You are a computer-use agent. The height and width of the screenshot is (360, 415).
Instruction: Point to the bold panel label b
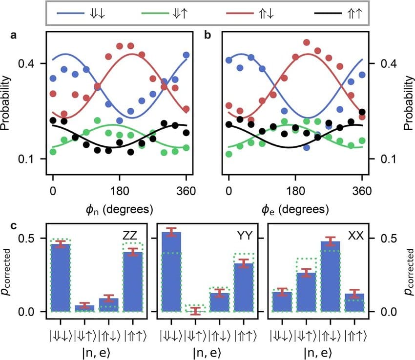click(x=208, y=36)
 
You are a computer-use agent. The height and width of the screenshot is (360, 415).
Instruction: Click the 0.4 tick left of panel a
click(x=32, y=63)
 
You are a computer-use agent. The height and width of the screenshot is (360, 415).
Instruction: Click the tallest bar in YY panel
click(x=171, y=273)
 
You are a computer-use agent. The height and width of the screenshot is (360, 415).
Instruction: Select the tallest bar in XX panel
click(x=330, y=278)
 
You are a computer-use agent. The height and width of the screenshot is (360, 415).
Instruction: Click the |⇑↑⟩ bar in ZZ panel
click(x=133, y=283)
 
